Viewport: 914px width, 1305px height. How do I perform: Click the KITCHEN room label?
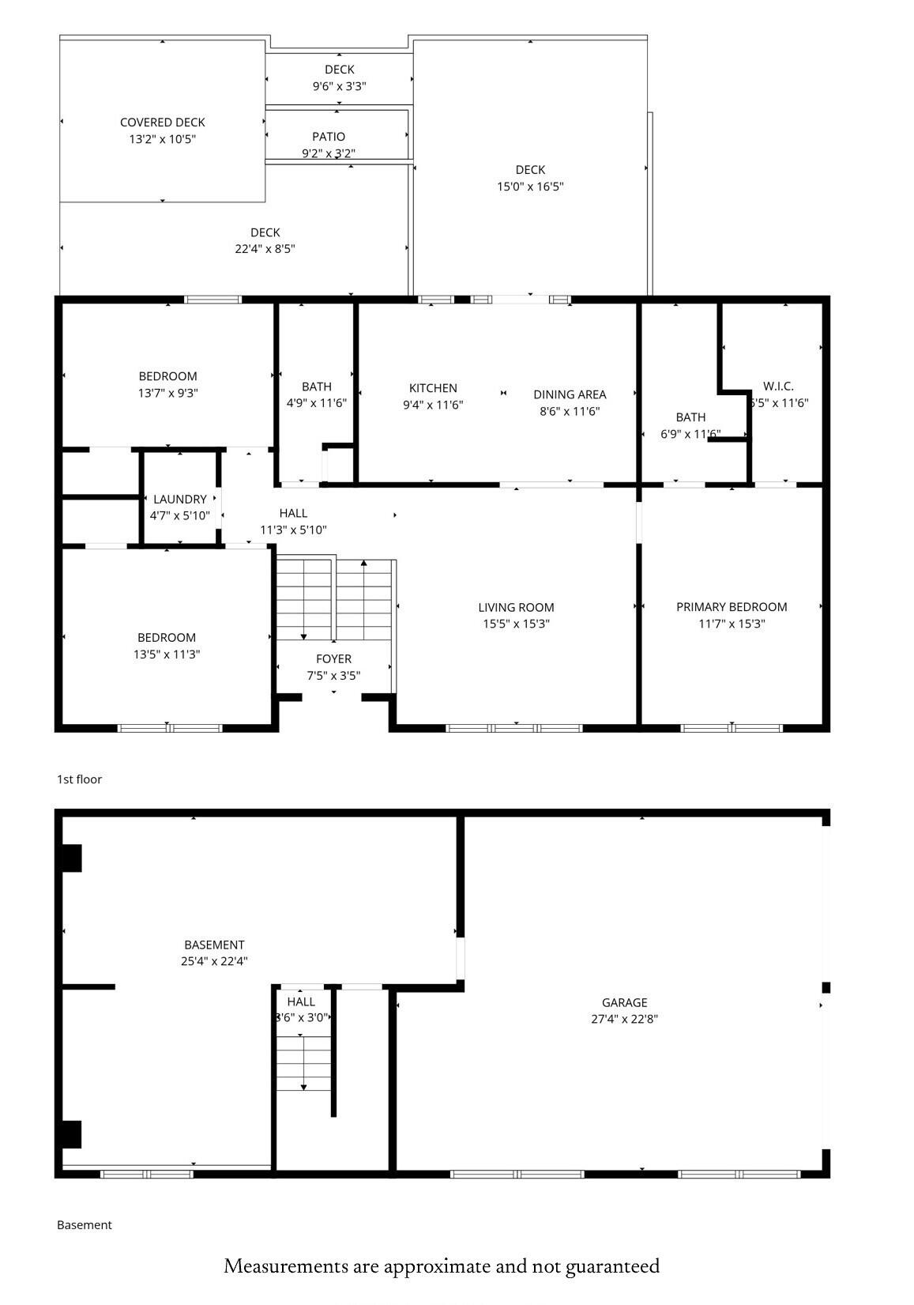(433, 388)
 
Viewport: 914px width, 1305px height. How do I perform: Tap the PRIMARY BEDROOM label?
(732, 607)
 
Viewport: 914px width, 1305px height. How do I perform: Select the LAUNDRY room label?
(180, 500)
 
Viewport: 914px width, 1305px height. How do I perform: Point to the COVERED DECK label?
(163, 123)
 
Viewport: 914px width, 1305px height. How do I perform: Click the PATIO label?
(329, 137)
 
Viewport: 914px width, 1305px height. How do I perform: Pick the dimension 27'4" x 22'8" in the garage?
(624, 1019)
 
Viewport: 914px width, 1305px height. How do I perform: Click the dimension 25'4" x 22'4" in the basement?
(214, 961)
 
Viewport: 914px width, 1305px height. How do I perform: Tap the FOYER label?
(333, 659)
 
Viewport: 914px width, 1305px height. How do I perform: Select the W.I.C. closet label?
(778, 387)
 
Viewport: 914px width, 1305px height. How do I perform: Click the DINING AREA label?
(570, 394)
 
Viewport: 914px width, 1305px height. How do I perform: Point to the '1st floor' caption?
(79, 779)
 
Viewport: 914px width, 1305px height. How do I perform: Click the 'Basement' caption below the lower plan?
(85, 1225)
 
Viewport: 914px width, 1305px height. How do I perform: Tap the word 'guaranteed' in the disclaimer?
(612, 1266)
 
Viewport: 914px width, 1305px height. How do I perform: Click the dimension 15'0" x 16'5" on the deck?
(530, 187)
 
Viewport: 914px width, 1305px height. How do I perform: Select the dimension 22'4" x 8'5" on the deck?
(265, 248)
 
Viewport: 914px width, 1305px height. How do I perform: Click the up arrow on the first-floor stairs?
(363, 564)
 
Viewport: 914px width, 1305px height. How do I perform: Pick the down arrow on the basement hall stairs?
(303, 1088)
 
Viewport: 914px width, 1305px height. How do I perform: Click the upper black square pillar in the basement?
(72, 858)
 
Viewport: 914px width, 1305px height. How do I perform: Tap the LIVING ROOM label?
(516, 608)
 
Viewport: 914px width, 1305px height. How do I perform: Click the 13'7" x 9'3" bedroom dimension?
(168, 393)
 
